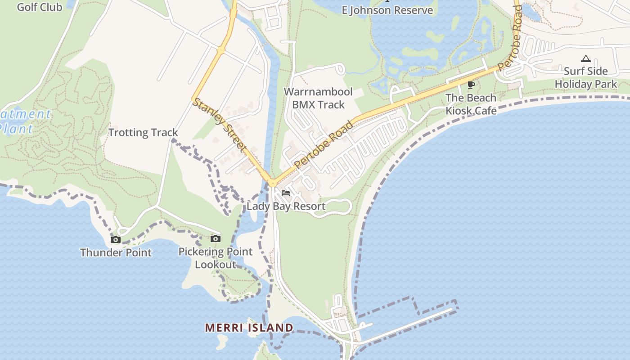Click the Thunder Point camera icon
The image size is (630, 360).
[x=116, y=239]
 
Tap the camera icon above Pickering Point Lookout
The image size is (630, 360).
[x=216, y=238]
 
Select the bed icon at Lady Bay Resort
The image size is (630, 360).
[x=285, y=193]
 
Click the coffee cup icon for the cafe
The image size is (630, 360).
[x=471, y=85]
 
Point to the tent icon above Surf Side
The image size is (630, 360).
[x=585, y=58]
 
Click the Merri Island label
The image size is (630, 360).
[x=249, y=328]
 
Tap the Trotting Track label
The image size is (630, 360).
[x=143, y=132]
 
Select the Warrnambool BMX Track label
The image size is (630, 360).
[x=318, y=98]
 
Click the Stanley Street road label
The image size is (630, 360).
[x=220, y=125]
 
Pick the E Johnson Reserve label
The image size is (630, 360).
[x=387, y=10]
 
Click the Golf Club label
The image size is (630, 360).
[x=39, y=7]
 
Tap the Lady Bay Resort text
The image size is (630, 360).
[x=286, y=207]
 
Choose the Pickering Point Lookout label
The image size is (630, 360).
[x=216, y=258]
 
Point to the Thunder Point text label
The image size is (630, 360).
[x=116, y=252]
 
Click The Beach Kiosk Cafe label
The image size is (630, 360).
[x=471, y=104]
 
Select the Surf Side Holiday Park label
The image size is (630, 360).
[x=586, y=77]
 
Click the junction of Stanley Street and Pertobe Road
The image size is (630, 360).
[x=272, y=183]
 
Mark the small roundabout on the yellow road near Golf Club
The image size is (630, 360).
[x=221, y=50]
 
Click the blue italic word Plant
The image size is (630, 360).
[x=17, y=129]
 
